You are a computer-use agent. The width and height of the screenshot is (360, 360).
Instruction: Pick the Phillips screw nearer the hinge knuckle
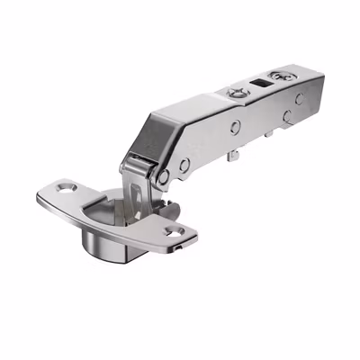click(235, 93)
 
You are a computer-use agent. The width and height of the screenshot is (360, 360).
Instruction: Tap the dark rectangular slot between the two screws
click(262, 85)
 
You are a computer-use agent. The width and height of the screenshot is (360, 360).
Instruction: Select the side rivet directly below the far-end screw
click(287, 116)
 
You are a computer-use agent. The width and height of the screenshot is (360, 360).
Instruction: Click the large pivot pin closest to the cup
click(163, 176)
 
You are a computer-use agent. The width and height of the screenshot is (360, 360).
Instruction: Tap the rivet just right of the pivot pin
click(184, 166)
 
